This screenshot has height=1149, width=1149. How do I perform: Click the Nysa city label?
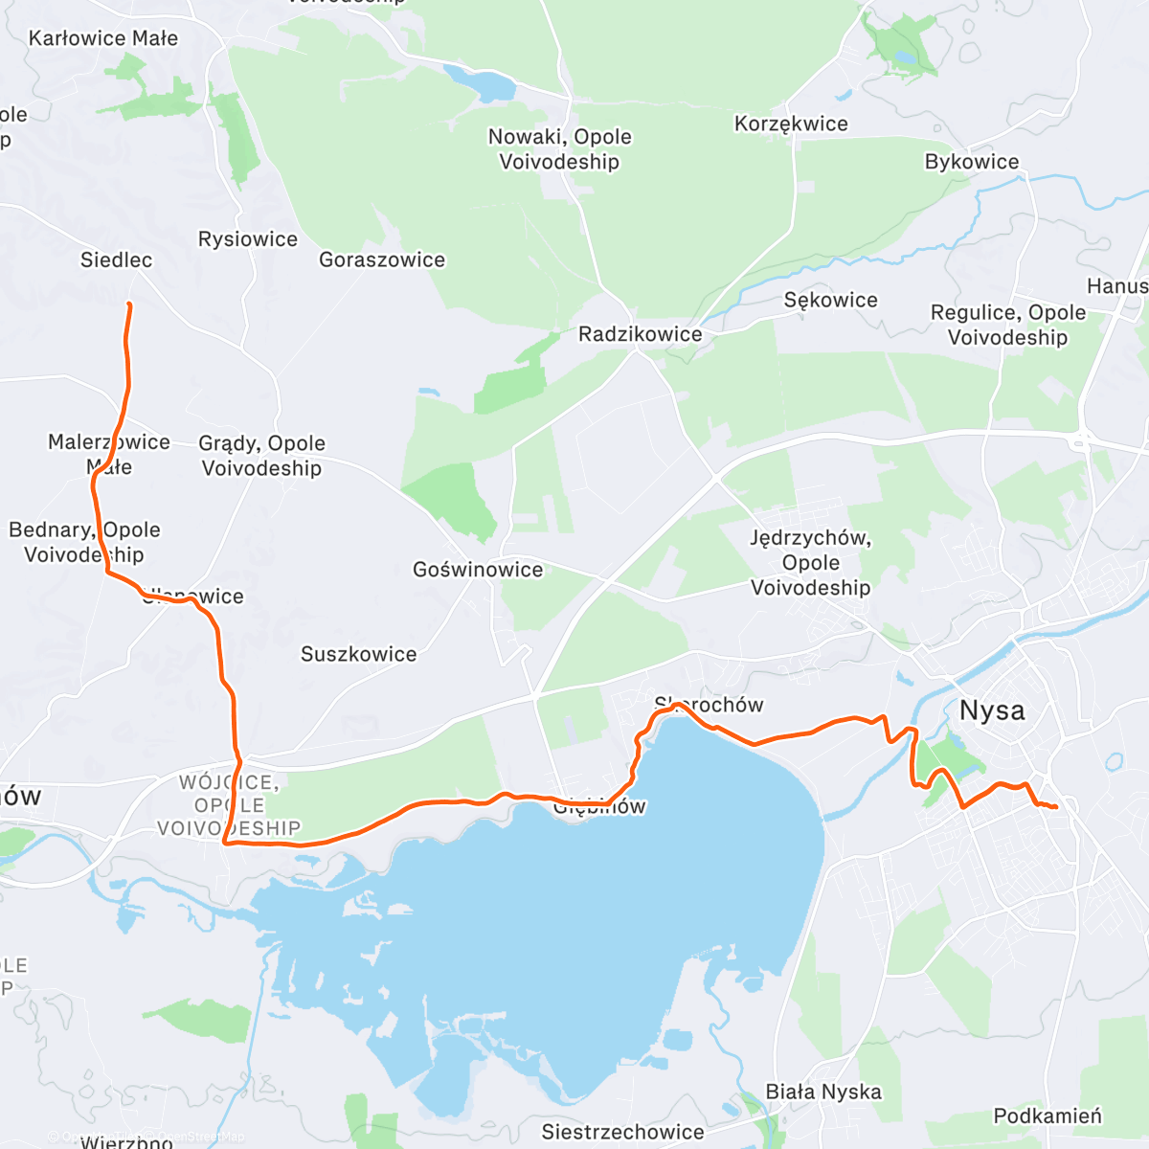[x=992, y=711]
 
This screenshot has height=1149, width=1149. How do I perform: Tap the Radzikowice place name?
[x=640, y=334]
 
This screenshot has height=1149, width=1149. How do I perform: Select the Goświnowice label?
[x=477, y=570]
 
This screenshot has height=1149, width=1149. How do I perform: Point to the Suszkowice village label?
[x=358, y=654]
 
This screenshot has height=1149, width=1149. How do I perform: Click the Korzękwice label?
[x=791, y=124]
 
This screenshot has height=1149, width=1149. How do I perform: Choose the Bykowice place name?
[x=971, y=162]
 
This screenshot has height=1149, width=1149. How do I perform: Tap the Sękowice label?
[x=830, y=300]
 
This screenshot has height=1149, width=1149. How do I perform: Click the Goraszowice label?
[x=381, y=259]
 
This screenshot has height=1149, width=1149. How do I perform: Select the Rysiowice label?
[x=247, y=239]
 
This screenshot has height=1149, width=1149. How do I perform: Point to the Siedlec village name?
[x=116, y=259]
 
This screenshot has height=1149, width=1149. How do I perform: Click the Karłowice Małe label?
[x=102, y=38]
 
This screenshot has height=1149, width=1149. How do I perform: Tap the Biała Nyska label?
[x=822, y=1092]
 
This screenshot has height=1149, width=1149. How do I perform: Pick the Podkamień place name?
[x=1047, y=1115]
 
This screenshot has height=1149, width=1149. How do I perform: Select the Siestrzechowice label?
[x=622, y=1132]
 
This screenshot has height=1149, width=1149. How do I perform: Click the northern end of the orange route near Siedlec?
[x=128, y=304]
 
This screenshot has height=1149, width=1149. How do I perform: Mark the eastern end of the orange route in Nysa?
[x=1055, y=808]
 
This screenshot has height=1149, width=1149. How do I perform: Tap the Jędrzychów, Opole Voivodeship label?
[x=810, y=563]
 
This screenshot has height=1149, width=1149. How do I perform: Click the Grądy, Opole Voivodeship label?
[x=261, y=456]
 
